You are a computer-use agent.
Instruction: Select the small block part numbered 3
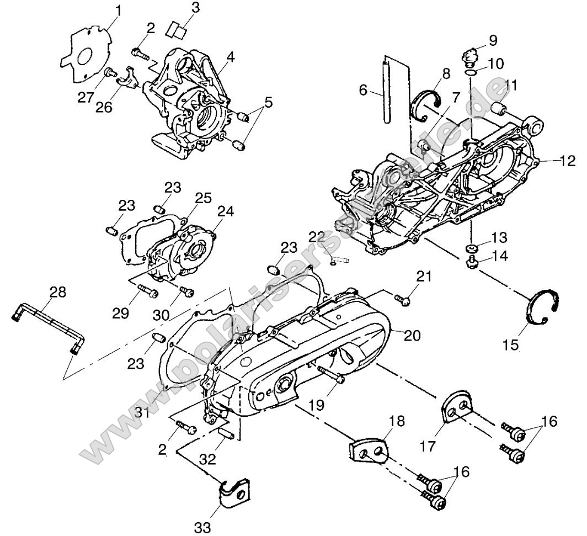click(177, 29)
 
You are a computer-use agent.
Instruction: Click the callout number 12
click(568, 161)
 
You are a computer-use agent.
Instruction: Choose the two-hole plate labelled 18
click(368, 449)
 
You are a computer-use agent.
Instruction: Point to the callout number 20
click(413, 335)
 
